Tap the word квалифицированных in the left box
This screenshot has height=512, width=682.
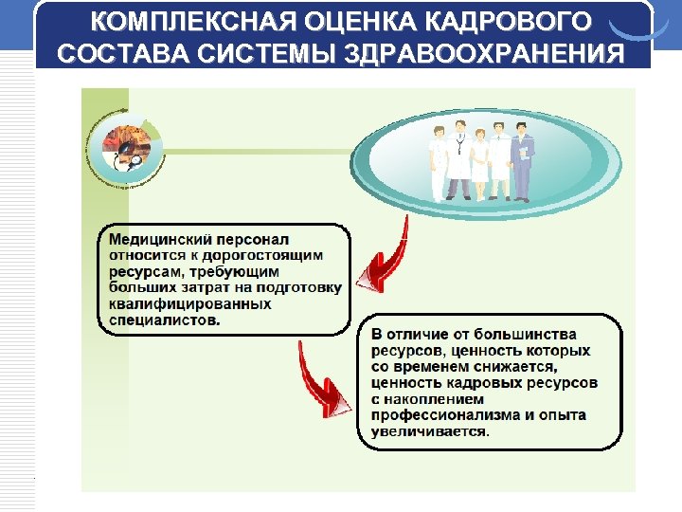pyautogui.click(x=190, y=304)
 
